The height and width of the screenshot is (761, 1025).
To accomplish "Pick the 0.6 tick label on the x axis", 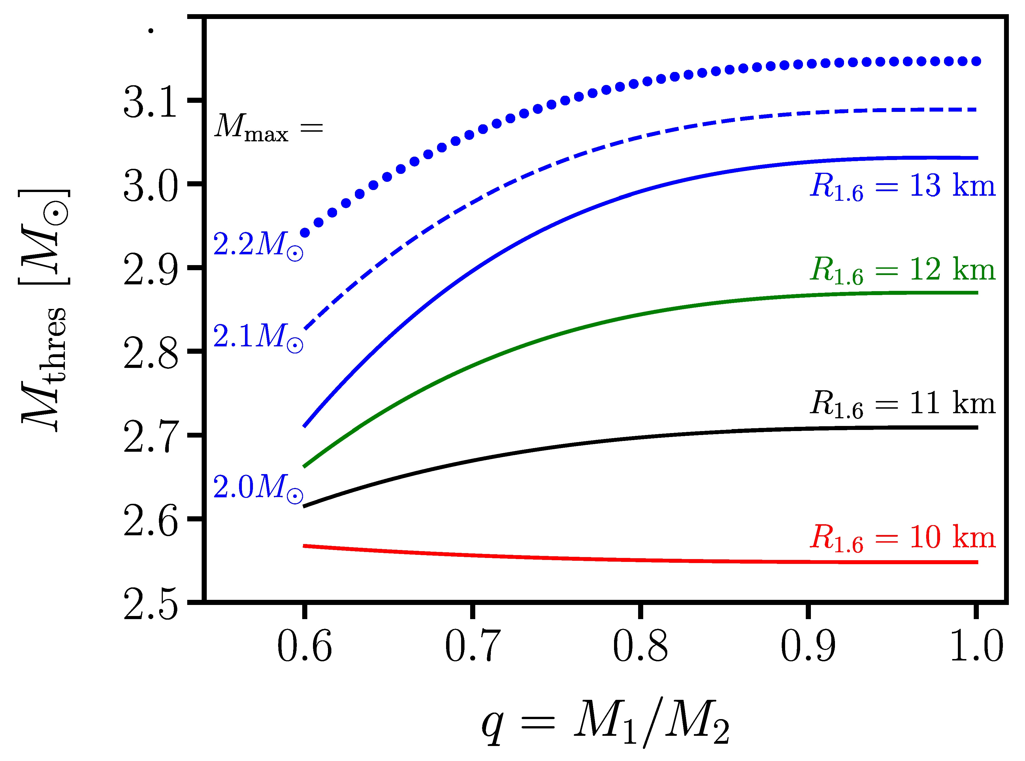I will pos(304,647).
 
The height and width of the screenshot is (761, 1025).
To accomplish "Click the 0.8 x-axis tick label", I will pos(640,647).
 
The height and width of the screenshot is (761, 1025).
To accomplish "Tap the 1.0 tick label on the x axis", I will pos(976,647).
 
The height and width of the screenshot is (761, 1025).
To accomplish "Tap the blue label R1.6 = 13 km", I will pos(902,187).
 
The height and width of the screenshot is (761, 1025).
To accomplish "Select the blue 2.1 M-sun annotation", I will pos(258,337).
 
